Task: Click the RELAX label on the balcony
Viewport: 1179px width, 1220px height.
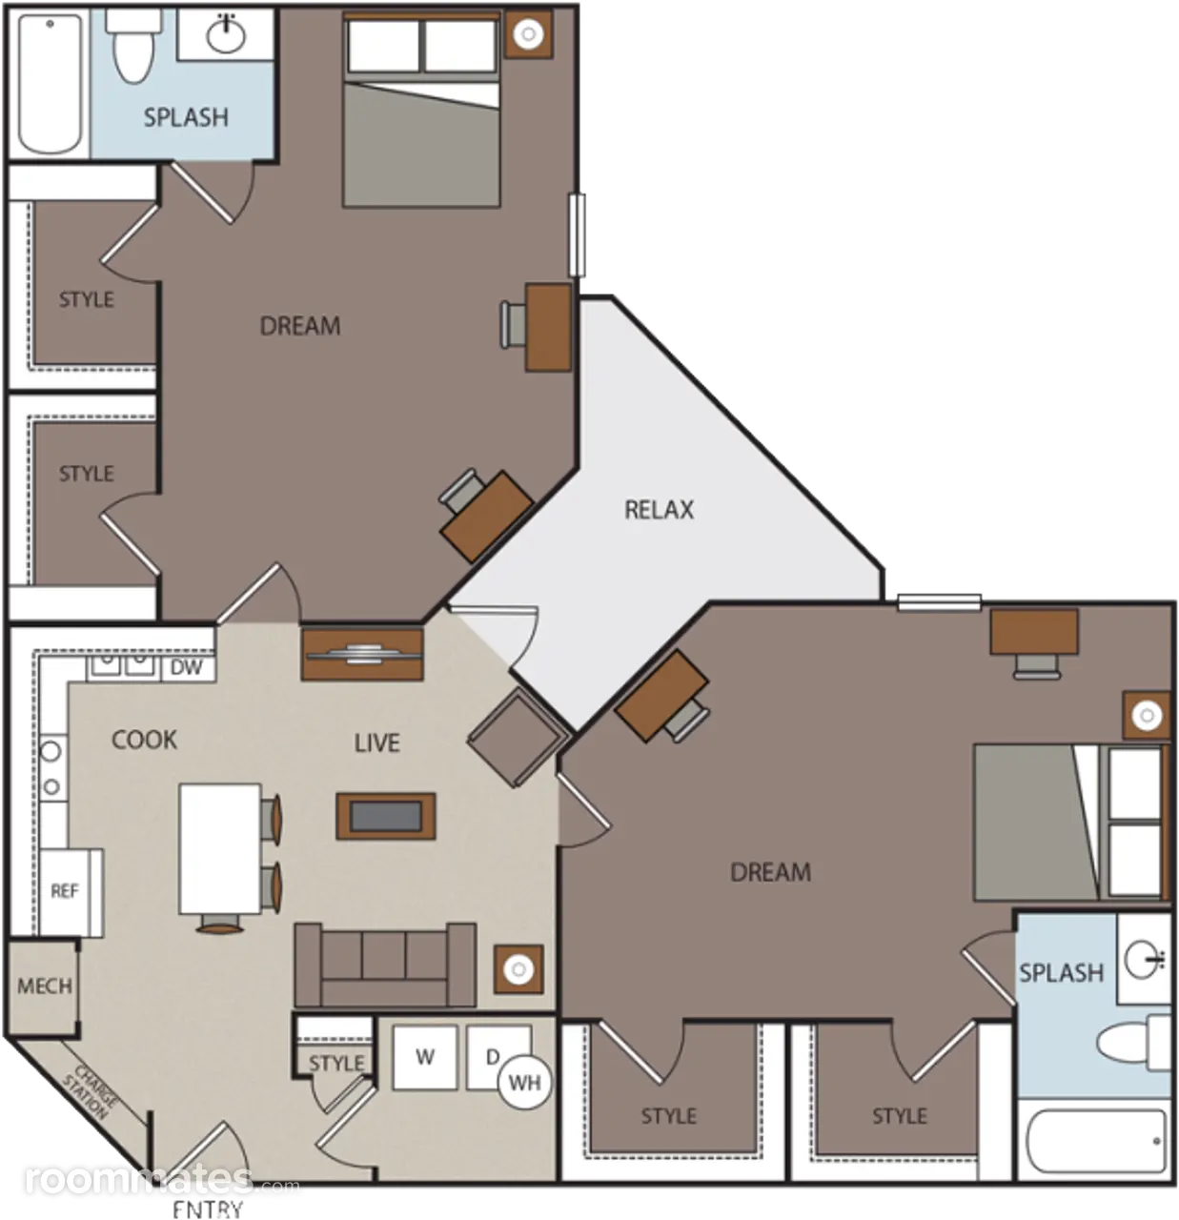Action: [x=659, y=510]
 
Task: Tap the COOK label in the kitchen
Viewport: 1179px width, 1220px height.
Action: [x=144, y=740]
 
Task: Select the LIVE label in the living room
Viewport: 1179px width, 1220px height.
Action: [x=376, y=742]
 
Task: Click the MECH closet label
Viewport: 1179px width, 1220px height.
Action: [x=45, y=986]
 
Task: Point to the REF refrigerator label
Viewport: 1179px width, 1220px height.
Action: [x=65, y=891]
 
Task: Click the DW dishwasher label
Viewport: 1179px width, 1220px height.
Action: [x=186, y=668]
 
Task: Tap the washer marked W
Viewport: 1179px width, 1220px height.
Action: [x=424, y=1058]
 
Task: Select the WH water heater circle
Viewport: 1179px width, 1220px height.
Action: [x=525, y=1083]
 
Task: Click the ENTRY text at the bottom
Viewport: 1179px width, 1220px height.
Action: [x=208, y=1209]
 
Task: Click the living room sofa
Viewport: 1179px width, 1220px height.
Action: [x=385, y=966]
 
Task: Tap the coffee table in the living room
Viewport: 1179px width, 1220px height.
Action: [x=386, y=816]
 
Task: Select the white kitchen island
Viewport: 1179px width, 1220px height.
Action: [x=220, y=849]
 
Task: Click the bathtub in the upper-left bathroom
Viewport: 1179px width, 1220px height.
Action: [x=51, y=83]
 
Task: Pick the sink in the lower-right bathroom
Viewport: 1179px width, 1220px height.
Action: [x=1144, y=959]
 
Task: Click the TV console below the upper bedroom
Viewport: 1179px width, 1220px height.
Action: [x=362, y=655]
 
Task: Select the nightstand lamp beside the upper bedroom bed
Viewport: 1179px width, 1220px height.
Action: [x=528, y=34]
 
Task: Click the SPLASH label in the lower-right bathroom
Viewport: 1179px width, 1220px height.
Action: [x=1061, y=973]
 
